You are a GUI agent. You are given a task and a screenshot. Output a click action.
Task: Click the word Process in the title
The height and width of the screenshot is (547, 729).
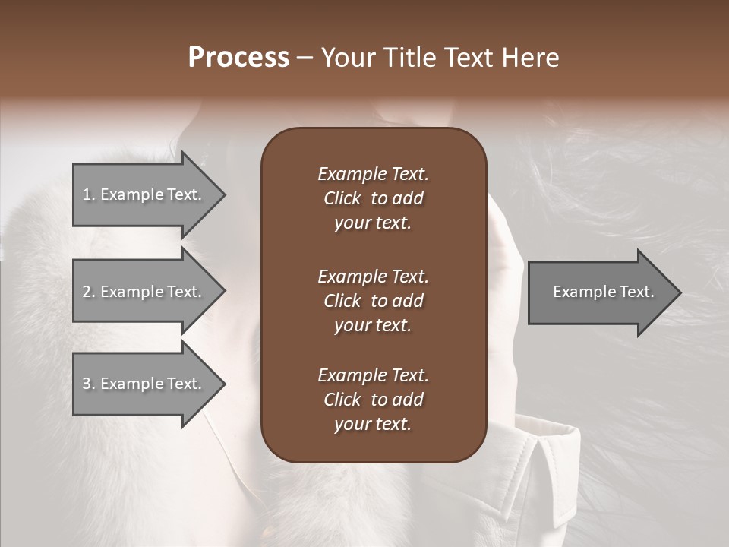click(x=238, y=58)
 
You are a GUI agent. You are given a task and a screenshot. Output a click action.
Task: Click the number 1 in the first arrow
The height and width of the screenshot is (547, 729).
click(x=87, y=194)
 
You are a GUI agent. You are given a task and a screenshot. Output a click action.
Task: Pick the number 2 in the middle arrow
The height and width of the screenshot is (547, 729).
click(x=87, y=292)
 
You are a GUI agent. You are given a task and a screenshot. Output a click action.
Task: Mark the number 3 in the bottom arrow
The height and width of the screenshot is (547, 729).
click(x=87, y=384)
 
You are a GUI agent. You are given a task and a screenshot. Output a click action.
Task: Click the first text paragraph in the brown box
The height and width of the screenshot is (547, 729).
click(x=373, y=198)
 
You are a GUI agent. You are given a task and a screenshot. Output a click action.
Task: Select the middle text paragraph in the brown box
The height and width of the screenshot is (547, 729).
click(x=373, y=300)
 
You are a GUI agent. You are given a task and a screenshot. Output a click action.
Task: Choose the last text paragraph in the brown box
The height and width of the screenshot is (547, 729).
click(x=373, y=400)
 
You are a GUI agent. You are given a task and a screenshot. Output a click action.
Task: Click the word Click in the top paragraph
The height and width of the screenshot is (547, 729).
click(x=342, y=198)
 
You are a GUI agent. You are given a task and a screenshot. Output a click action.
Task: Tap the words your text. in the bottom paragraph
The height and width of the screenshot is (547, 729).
click(x=373, y=424)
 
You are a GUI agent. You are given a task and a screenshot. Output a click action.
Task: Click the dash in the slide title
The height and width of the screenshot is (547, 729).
click(x=305, y=58)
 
